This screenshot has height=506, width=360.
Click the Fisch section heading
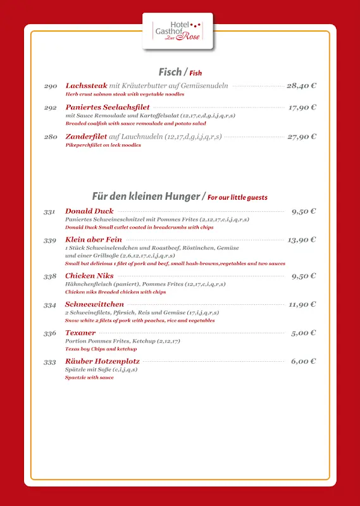(x=170, y=72)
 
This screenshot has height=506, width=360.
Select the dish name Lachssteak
(x=86, y=85)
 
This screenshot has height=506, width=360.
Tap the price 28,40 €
(x=301, y=85)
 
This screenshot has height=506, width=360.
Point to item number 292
(x=51, y=108)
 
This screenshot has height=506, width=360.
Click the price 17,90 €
(x=302, y=108)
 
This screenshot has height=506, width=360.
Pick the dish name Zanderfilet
(x=86, y=137)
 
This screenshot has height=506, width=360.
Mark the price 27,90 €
(x=301, y=137)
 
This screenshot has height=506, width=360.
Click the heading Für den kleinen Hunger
(x=146, y=196)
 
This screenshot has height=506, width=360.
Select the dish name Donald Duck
(x=89, y=211)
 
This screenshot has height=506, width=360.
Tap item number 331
(x=50, y=212)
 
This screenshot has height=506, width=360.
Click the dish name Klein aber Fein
(x=94, y=240)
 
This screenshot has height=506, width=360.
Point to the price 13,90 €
(x=302, y=240)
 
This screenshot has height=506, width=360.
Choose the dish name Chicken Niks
(x=89, y=276)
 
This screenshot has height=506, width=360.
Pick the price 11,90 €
(x=302, y=304)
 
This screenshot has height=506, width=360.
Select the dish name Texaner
(x=80, y=333)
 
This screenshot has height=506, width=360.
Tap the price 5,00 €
(x=304, y=333)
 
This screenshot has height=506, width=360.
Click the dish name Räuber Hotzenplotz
(x=102, y=361)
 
